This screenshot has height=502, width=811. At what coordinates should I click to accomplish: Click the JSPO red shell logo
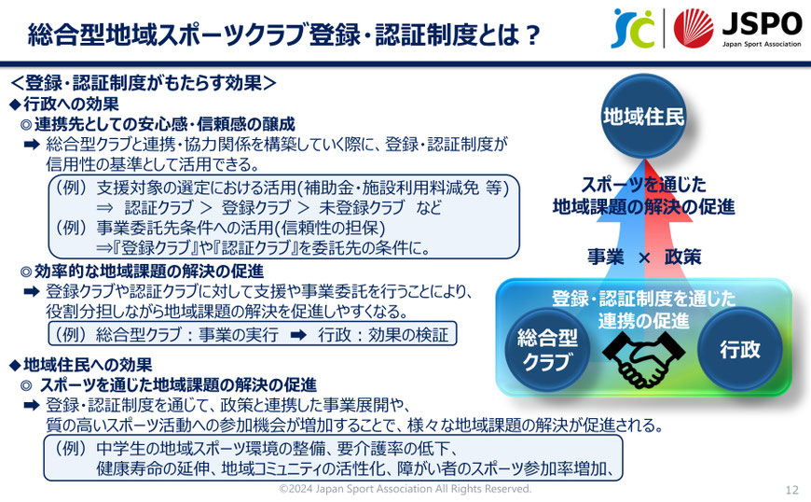(x=693, y=29)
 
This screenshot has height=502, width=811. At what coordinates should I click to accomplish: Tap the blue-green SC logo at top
(x=633, y=29)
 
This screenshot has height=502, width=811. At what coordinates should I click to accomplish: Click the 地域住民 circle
(x=643, y=116)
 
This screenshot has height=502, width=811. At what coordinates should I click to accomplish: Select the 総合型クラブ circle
(x=547, y=350)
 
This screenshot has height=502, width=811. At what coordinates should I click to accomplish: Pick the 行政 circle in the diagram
(x=739, y=350)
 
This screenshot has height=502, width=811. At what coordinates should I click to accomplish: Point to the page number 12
(x=791, y=490)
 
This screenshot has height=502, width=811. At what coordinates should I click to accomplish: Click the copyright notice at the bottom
(x=405, y=489)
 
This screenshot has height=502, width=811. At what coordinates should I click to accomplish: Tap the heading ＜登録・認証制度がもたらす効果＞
(x=144, y=82)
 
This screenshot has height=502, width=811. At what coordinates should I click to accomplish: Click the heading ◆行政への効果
(x=64, y=104)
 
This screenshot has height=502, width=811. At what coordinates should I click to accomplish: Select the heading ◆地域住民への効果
(x=81, y=365)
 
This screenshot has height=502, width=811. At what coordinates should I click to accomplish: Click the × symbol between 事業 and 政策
(x=644, y=258)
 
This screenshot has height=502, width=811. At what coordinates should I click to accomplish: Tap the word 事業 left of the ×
(x=606, y=257)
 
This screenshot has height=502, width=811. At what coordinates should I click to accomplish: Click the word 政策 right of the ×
(x=682, y=257)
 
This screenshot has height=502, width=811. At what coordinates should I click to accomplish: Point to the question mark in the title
(x=530, y=35)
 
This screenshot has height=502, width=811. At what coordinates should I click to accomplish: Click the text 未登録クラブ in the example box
(x=362, y=207)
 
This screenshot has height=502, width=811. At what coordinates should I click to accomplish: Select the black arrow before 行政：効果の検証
(x=298, y=335)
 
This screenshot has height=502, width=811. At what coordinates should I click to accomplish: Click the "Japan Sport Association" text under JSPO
(x=762, y=44)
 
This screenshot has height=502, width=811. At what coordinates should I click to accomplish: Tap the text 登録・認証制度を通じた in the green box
(x=643, y=299)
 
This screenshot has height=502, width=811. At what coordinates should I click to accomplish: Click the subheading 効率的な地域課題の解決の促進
(x=149, y=272)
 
